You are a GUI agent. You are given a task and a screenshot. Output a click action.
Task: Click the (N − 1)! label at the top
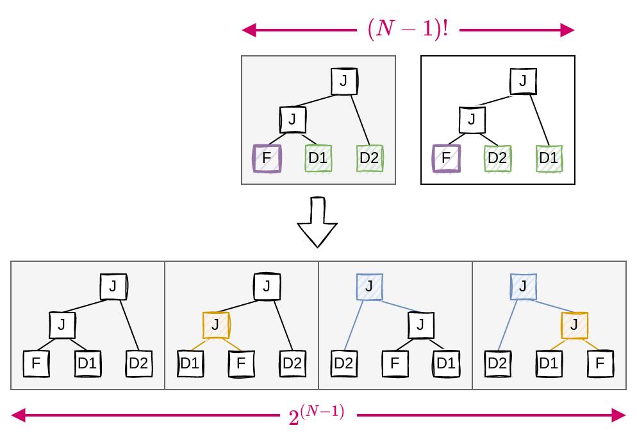408,30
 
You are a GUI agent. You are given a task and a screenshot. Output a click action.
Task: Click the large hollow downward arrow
317,223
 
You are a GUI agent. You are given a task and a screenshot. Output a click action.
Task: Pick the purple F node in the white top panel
447,158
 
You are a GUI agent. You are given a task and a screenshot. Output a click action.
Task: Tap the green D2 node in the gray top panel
370,158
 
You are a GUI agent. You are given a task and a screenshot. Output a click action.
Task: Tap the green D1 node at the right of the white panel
549,158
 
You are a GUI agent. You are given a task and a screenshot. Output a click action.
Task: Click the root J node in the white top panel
524,81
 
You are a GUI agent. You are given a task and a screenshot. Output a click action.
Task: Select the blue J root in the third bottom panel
369,286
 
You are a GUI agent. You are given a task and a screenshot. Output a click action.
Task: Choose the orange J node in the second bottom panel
216,325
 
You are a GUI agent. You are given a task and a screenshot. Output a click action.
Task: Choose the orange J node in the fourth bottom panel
575,325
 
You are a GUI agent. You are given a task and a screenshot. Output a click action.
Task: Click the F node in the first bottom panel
37,364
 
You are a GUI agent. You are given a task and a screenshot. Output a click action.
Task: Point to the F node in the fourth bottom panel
600,364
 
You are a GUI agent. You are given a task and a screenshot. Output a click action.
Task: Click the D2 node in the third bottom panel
344,364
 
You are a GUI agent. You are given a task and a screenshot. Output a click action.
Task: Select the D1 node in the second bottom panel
190,364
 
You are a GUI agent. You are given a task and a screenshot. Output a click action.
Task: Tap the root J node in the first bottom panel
113,286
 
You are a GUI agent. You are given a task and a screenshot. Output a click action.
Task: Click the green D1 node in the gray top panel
318,158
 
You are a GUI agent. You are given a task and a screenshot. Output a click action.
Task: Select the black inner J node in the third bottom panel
421,325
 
